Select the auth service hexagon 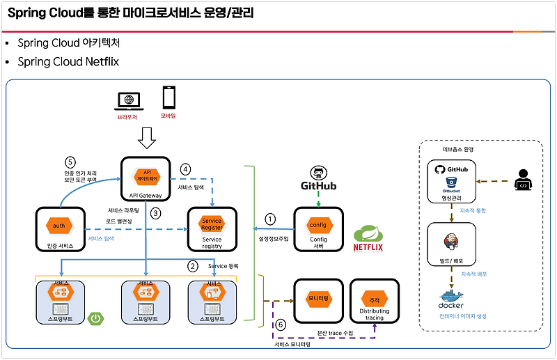point(59,226)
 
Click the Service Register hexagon point(212,224)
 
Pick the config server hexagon point(317,225)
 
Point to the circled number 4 point(185,169)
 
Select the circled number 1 point(271,219)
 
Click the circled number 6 point(281,324)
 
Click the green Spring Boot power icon point(95,320)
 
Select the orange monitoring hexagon point(317,297)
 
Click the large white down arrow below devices point(147,141)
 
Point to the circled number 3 point(156,213)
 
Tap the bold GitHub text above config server point(318,186)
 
